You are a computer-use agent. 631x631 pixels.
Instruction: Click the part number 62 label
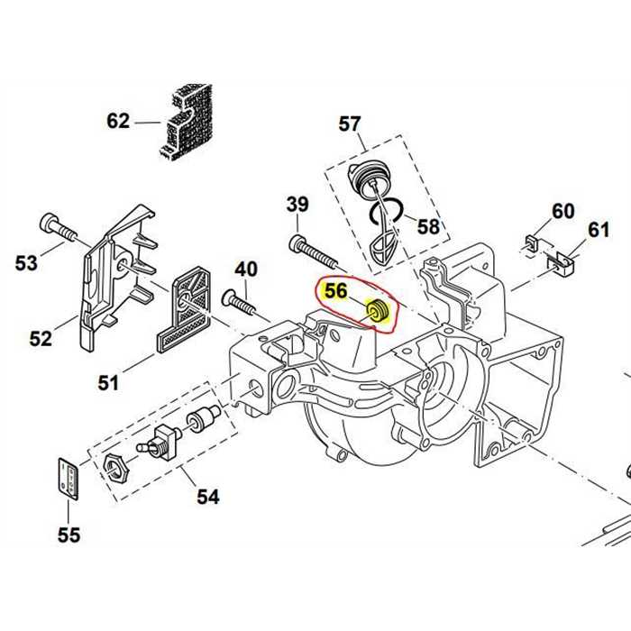118,121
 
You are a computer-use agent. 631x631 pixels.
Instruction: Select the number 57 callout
350,123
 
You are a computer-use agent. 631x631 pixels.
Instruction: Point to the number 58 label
428,225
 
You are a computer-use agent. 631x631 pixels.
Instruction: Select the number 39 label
297,205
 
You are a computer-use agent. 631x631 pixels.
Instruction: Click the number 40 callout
246,269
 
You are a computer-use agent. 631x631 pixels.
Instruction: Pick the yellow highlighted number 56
335,291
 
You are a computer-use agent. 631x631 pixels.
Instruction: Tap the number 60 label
562,211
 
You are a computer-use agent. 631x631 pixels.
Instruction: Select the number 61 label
599,231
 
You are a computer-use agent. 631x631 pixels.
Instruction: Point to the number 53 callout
27,263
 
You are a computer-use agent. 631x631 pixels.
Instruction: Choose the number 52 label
41,338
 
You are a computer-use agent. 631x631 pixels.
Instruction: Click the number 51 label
108,383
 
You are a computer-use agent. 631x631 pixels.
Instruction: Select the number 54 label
208,496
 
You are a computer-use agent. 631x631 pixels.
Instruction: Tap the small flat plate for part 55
67,478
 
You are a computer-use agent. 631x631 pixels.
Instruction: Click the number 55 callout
69,535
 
